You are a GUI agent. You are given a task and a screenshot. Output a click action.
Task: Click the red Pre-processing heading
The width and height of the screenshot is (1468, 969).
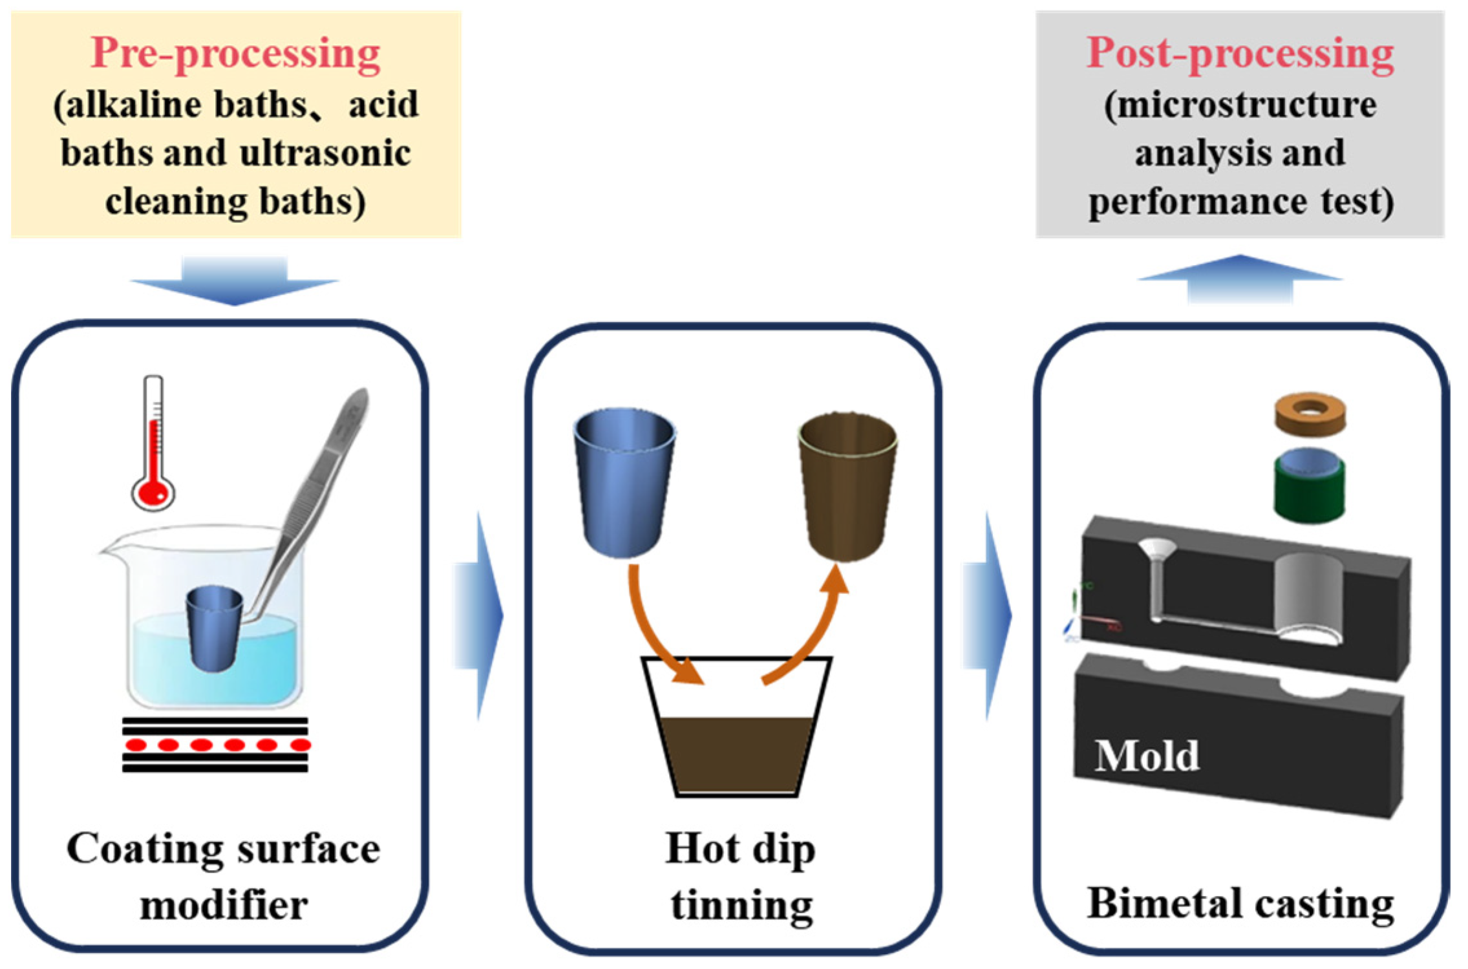[235, 53]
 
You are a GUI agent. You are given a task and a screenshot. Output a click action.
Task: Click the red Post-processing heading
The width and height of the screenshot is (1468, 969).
[1239, 53]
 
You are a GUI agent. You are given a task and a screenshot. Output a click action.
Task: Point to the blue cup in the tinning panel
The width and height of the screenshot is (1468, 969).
[624, 482]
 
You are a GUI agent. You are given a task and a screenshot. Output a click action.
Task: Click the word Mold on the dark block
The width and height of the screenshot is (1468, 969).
[1146, 755]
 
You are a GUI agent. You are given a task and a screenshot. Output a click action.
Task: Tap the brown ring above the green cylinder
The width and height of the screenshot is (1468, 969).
[1310, 414]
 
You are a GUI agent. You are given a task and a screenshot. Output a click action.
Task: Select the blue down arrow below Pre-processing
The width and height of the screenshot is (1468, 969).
[234, 280]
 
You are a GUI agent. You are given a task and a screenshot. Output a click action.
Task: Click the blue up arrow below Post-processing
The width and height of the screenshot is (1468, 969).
[1240, 279]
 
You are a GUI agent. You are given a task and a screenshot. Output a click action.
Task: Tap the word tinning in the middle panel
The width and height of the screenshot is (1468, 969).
[741, 904]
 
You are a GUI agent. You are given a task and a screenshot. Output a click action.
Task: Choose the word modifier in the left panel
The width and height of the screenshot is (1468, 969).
[224, 904]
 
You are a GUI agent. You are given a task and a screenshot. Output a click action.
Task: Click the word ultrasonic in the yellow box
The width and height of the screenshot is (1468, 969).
[325, 153]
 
